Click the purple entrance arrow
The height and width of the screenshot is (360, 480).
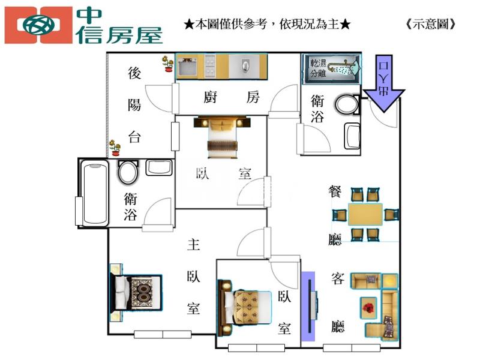point(384,83)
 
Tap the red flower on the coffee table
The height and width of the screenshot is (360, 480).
point(369,308)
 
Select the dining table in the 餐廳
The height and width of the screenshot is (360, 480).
point(365,215)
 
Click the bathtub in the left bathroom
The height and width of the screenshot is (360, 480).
point(96,193)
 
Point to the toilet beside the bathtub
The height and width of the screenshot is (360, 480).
point(128,172)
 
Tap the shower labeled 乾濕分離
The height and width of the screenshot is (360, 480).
point(332,69)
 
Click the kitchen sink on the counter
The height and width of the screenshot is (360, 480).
point(245,65)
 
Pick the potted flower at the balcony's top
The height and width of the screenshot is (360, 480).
point(168,64)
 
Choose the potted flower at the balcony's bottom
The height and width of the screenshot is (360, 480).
point(115,148)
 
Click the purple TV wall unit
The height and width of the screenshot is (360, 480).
point(308,307)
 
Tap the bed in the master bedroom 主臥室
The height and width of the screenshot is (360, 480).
point(136,293)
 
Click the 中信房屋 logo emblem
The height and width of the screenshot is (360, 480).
point(39,25)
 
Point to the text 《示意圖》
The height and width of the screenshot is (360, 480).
point(431,24)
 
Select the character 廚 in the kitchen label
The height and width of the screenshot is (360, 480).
point(211,97)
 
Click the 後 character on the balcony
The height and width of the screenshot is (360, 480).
point(134,73)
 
